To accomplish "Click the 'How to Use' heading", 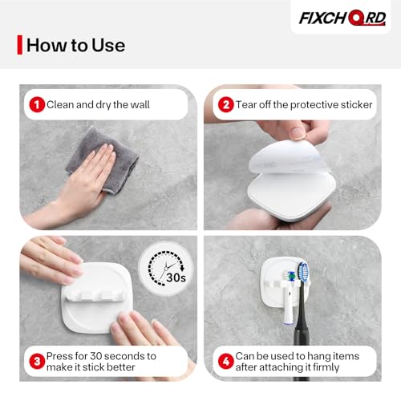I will click(x=75, y=45).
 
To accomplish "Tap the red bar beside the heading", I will click(x=19, y=45).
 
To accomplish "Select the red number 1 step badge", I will click(x=37, y=104).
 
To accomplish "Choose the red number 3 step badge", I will click(x=37, y=362).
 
